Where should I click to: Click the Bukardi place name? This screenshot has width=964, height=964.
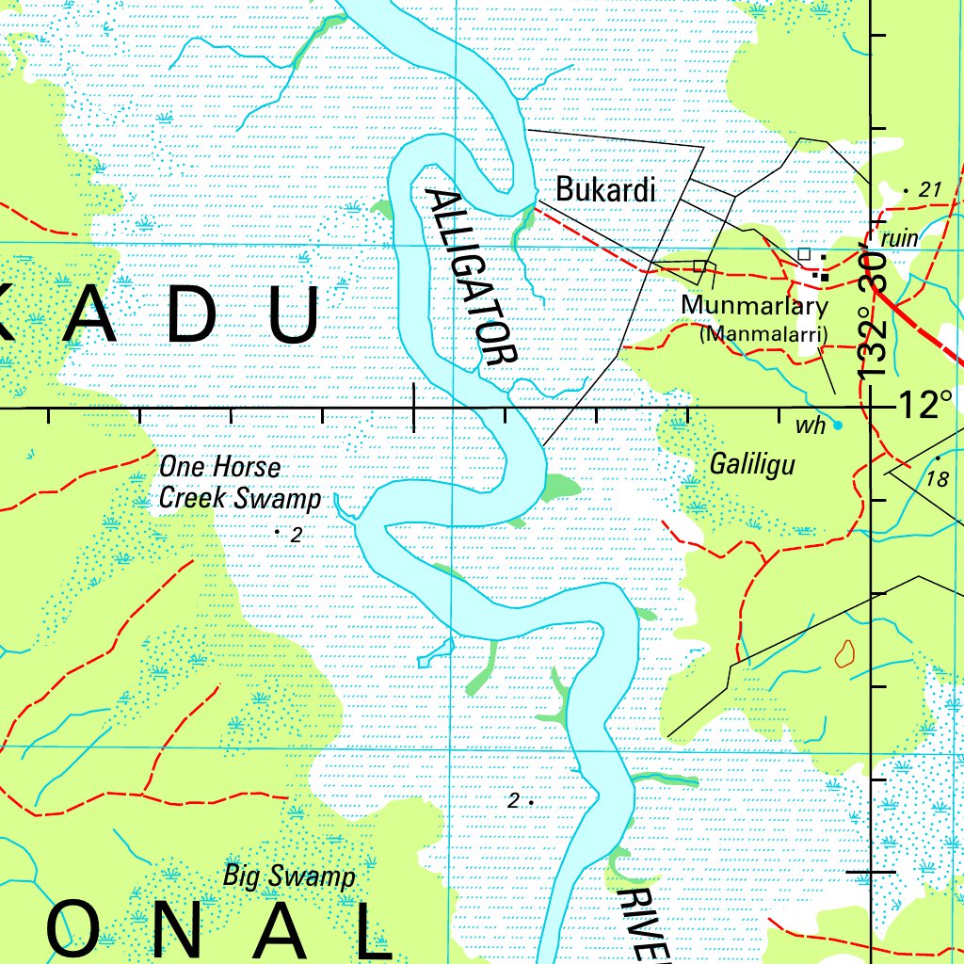605,189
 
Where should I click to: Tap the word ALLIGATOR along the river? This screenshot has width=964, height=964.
471,277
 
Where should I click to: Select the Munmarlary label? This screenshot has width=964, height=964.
755,306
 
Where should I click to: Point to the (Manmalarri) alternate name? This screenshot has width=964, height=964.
763,334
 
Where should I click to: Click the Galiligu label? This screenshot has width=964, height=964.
752,464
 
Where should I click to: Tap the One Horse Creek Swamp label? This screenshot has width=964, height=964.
239,482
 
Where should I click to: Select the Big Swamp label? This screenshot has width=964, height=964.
289,876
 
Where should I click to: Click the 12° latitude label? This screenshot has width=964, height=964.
925,407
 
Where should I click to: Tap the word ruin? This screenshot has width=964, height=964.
900,239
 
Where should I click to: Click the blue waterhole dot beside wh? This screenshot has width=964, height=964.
838,425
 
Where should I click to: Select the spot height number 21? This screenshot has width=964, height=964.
930,190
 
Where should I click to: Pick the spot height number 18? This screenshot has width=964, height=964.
938,479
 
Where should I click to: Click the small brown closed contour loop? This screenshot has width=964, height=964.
844,653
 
